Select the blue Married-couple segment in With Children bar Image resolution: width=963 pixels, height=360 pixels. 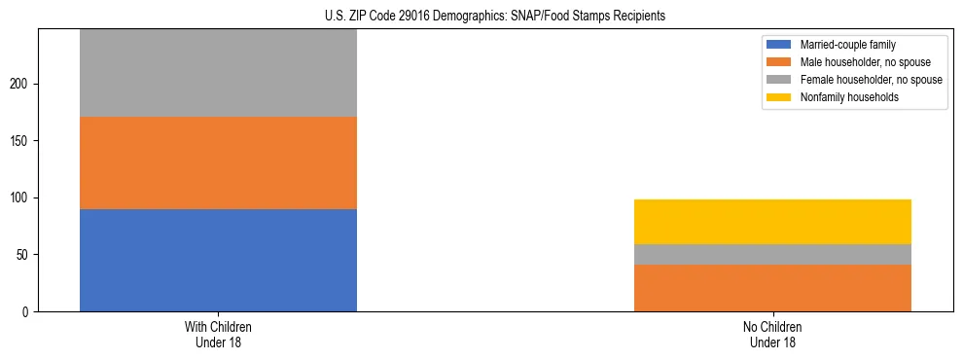pyautogui.click(x=218, y=260)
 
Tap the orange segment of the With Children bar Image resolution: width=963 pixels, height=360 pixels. pyautogui.click(x=218, y=162)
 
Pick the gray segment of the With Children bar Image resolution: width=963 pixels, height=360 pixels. pyautogui.click(x=218, y=73)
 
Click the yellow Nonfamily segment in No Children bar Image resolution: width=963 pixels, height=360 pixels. pyautogui.click(x=772, y=222)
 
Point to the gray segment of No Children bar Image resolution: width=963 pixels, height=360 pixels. pyautogui.click(x=772, y=254)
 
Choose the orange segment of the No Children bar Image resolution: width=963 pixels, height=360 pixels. pyautogui.click(x=772, y=288)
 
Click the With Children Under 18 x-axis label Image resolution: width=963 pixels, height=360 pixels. pyautogui.click(x=218, y=334)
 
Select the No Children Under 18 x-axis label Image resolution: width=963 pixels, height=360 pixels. pyautogui.click(x=772, y=334)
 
